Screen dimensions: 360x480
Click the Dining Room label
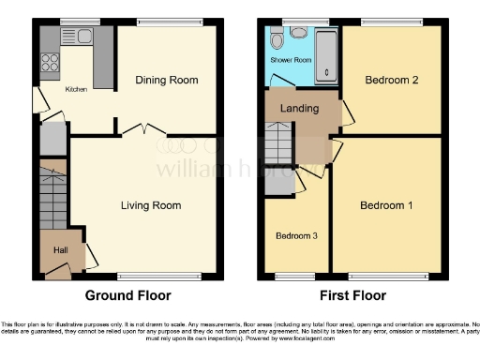(x=167, y=81)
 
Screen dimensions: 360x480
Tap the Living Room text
(x=150, y=205)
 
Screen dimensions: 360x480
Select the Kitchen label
(x=76, y=91)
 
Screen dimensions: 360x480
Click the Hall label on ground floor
(x=60, y=251)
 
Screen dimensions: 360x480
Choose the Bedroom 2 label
(x=391, y=81)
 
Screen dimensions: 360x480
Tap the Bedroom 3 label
(x=295, y=236)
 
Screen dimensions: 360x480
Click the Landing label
(x=300, y=109)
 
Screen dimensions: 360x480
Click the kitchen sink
(x=79, y=37)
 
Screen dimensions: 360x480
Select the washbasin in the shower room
(x=277, y=42)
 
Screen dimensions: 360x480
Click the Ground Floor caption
(x=128, y=295)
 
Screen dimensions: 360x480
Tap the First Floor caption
(x=352, y=295)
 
